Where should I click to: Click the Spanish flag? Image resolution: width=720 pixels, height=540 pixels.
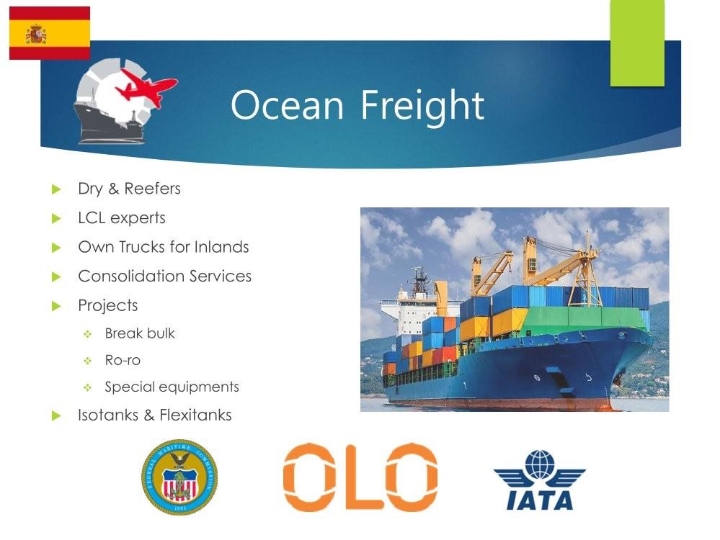coord(50,33)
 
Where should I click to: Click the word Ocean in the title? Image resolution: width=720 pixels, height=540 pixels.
coord(287,105)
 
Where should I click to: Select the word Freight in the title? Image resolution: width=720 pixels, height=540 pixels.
coord(422,106)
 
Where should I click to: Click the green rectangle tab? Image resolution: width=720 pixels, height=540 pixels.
coord(637,43)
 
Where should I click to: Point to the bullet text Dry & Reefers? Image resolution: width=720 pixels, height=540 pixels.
coord(129,189)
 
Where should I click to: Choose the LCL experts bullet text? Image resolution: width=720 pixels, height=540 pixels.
coord(122,218)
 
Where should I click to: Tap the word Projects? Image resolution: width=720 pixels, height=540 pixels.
coord(108,305)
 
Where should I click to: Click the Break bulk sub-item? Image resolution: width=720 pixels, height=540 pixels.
coord(140,333)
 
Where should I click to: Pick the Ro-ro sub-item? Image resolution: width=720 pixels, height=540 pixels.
coord(123,360)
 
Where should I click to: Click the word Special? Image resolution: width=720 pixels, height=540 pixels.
coord(130,387)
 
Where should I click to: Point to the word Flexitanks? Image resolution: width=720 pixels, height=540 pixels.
coord(195,415)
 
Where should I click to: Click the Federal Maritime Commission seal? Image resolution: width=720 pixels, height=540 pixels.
coord(179,477)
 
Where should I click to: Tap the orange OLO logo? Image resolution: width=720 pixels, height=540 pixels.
coord(360,477)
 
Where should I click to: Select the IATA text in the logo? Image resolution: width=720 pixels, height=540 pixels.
coord(540,500)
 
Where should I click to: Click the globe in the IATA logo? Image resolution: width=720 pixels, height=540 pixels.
coord(540,464)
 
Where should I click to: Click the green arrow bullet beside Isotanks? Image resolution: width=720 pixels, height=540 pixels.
coord(56,415)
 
